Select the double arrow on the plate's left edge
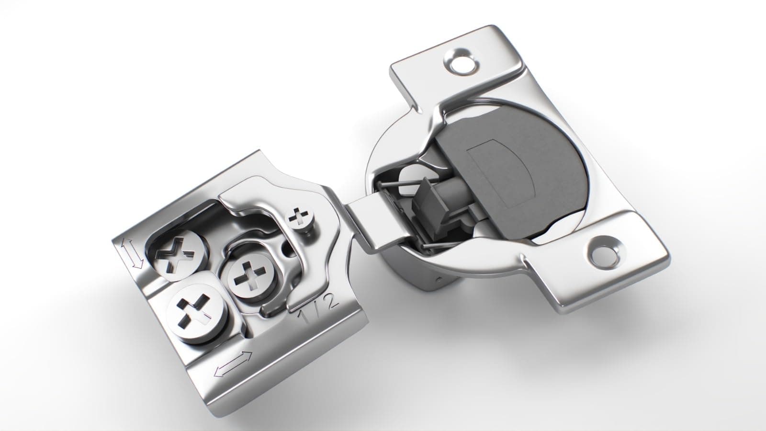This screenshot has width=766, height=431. (131, 253)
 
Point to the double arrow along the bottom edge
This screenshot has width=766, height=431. (233, 363)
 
